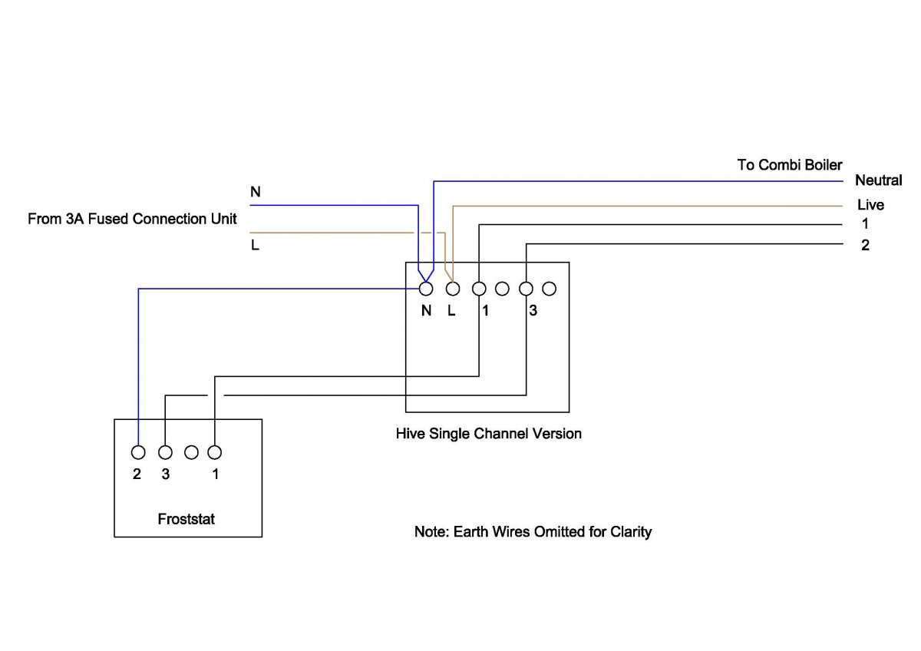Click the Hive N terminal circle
[x=426, y=289]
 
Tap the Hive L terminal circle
[x=453, y=289]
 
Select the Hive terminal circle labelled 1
[x=479, y=289]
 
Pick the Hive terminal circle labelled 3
[x=526, y=289]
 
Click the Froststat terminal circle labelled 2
[x=138, y=452]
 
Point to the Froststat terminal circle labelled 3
[x=164, y=452]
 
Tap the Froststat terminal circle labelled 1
[x=215, y=452]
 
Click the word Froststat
[x=187, y=519]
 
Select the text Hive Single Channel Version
[x=488, y=434]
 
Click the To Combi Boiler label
[x=789, y=165]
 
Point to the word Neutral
[x=879, y=180]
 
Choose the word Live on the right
[x=870, y=205]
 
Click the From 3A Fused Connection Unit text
[x=132, y=219]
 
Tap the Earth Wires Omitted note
[x=533, y=531]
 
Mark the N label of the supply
[x=256, y=192]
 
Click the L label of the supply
[x=255, y=246]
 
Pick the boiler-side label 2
[x=865, y=246]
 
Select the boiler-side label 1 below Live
[x=865, y=225]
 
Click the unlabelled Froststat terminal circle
[x=192, y=452]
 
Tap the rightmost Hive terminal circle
[x=549, y=289]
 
